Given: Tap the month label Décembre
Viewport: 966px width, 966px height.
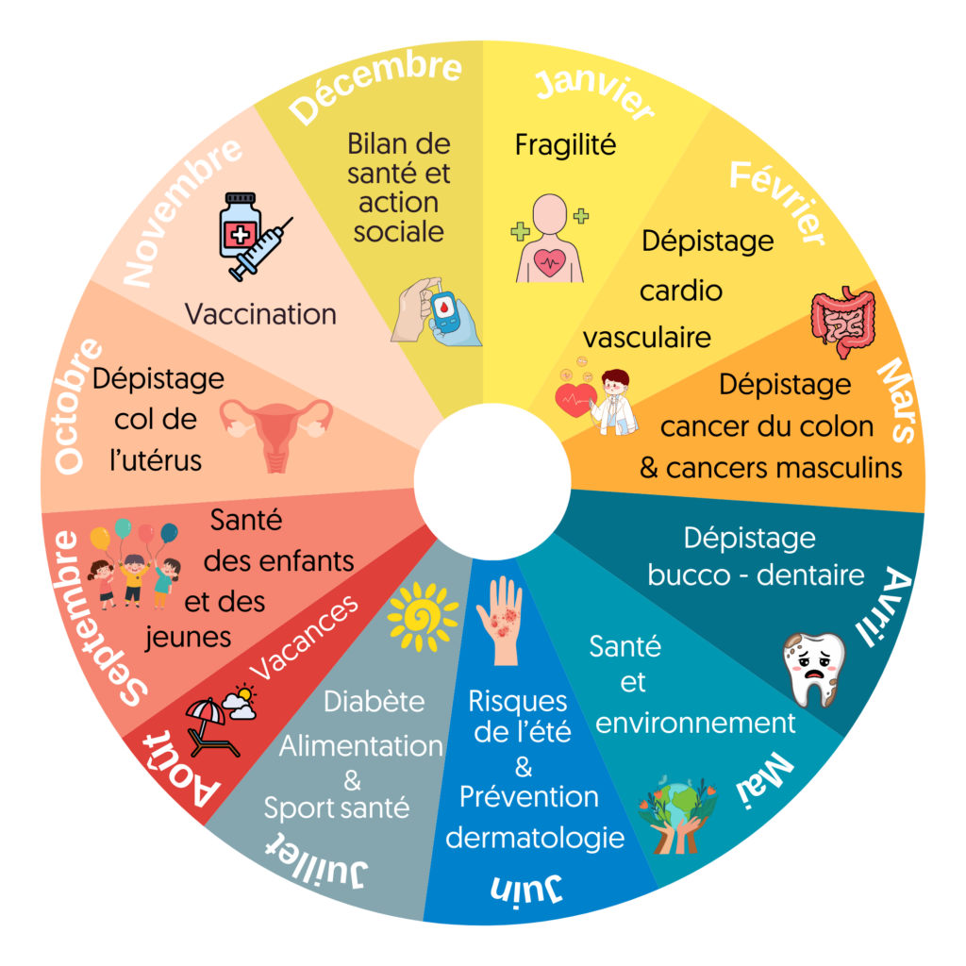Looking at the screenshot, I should (x=375, y=89).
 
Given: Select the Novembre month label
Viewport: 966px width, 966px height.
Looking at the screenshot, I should (x=184, y=212).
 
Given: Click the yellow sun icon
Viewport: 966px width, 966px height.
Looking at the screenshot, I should (x=422, y=617).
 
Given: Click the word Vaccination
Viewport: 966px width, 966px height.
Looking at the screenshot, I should (x=260, y=313).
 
